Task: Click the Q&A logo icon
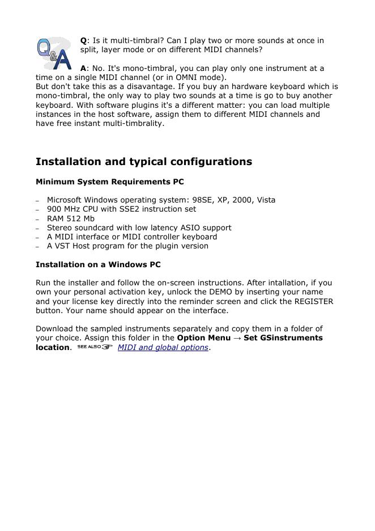(x=54, y=53)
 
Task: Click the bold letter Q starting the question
(x=83, y=41)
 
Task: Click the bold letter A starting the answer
(x=83, y=69)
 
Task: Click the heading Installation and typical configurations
(x=143, y=162)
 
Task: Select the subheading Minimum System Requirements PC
(x=109, y=182)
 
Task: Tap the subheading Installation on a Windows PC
(x=98, y=265)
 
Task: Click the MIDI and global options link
(x=163, y=347)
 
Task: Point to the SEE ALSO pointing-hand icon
(x=95, y=347)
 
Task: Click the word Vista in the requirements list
(x=266, y=200)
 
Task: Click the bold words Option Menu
(x=204, y=338)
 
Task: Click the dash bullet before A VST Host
(x=38, y=247)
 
